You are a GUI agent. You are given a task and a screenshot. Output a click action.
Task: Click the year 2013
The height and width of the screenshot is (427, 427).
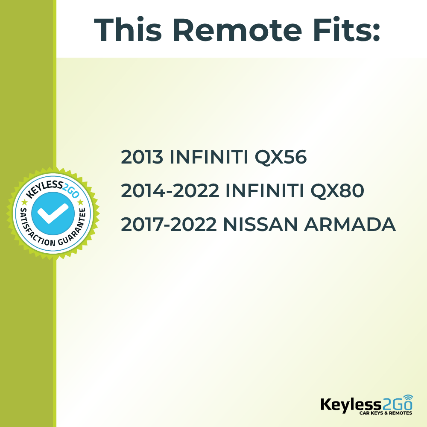tap(142, 158)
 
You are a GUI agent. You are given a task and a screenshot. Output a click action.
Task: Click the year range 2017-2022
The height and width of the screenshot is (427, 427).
tap(169, 225)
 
